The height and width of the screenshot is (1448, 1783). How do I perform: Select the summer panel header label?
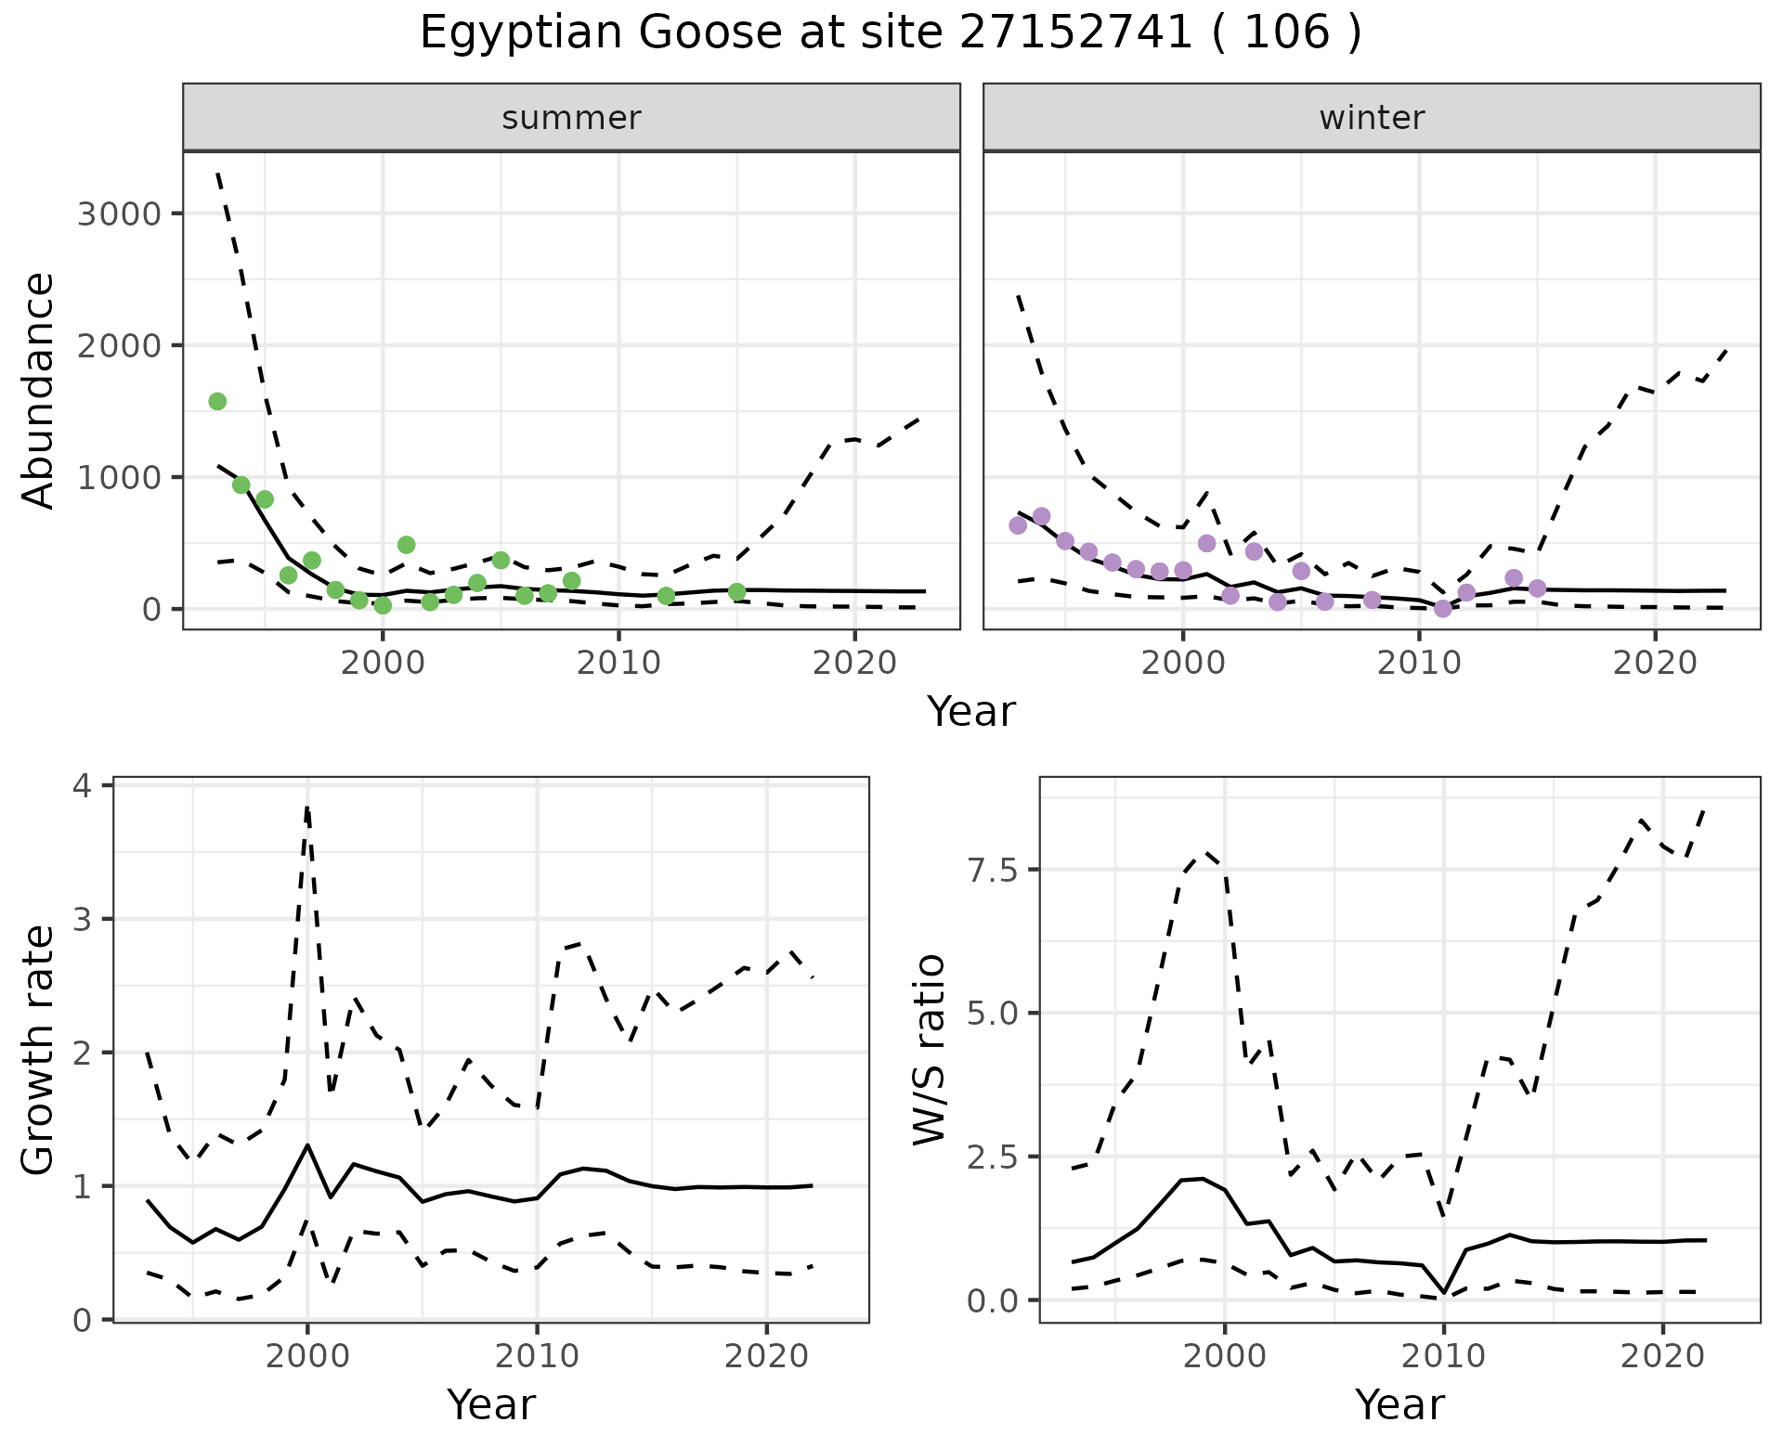click(571, 118)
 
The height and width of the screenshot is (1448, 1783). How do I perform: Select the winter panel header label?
click(1372, 118)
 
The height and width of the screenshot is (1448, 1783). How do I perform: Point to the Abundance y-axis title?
click(39, 390)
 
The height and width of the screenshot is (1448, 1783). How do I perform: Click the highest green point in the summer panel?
click(217, 401)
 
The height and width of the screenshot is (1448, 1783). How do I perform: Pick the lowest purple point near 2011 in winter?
click(1442, 609)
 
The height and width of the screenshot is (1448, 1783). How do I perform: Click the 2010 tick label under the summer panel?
click(618, 664)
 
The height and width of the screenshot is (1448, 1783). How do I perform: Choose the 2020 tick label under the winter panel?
click(1655, 664)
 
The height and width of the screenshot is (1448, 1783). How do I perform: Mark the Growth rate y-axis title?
click(39, 1051)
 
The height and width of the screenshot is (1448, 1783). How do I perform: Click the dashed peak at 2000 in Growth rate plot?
click(307, 808)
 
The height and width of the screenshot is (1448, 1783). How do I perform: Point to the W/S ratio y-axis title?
click(929, 1049)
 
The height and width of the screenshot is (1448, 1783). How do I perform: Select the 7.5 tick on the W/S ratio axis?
click(991, 870)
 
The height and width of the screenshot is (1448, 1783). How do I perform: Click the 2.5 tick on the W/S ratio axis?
click(991, 1157)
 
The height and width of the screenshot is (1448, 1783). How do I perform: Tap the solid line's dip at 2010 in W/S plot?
click(1444, 1291)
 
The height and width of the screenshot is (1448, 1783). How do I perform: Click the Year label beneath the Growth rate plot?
click(491, 1405)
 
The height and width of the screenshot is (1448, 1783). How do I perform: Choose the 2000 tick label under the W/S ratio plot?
click(1225, 1357)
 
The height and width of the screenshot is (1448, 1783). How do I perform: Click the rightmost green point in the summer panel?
click(736, 592)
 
